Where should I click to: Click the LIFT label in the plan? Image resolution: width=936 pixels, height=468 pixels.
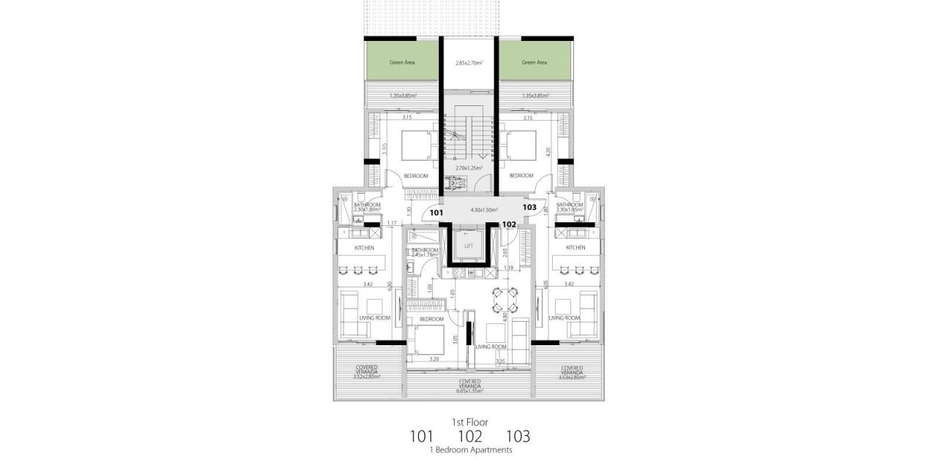point(469,246)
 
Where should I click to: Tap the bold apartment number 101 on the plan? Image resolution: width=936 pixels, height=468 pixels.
point(437,213)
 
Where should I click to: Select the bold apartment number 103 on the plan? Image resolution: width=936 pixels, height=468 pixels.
point(530,208)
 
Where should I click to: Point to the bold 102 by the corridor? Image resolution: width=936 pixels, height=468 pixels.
point(510,224)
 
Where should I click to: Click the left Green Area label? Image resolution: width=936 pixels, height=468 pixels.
point(402,63)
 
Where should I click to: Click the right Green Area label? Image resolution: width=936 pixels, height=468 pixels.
point(535,63)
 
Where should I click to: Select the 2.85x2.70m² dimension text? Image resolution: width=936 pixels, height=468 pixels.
point(469,64)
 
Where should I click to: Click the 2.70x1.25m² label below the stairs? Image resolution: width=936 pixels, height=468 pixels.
point(469,168)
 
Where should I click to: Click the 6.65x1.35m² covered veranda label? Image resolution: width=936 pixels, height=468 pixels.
point(469,391)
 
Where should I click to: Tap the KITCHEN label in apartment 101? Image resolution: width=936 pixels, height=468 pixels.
point(364,248)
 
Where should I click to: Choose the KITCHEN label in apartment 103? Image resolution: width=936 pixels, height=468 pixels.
point(575,248)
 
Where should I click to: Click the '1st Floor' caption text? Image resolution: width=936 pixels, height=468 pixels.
point(469,422)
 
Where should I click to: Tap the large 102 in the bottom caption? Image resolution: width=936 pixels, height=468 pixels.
point(469,437)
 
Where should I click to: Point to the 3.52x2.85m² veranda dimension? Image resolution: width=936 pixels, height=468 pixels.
point(367,377)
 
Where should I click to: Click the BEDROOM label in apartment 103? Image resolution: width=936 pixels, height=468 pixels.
point(520,175)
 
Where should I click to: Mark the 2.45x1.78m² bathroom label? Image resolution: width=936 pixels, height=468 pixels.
point(425,254)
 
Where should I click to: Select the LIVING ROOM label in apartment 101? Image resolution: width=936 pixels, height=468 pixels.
point(374,318)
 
